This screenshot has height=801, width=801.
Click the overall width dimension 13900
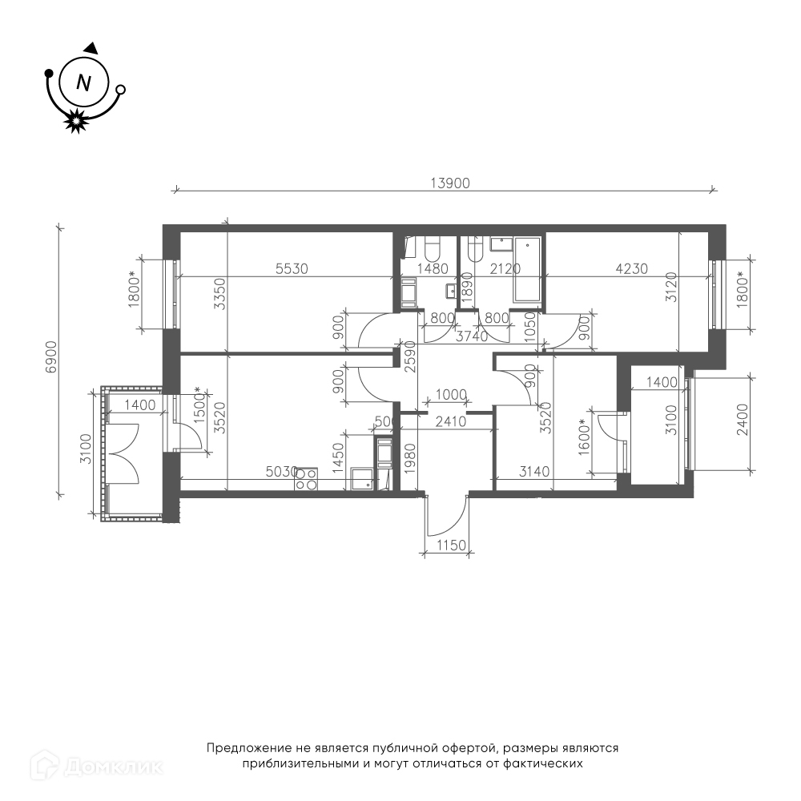450,183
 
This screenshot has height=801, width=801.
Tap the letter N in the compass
83,83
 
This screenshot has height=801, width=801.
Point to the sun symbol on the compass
75,121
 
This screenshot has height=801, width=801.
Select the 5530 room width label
292,268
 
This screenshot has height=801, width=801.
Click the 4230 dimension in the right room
631,268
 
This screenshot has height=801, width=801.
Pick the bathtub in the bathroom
527,268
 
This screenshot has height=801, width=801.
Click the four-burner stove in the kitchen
306,479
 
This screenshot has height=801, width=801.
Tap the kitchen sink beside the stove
362,479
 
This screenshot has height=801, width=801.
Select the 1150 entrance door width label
452,545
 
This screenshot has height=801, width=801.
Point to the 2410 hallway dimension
450,421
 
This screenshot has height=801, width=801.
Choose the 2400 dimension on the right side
743,420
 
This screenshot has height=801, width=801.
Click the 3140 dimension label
534,472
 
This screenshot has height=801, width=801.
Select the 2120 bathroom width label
505,268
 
